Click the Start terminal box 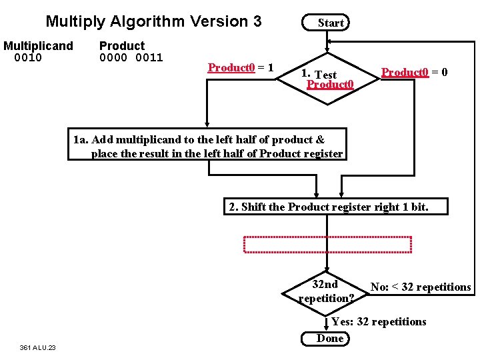(x=326, y=23)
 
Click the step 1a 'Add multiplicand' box (x=207, y=147)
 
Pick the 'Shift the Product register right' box (x=328, y=207)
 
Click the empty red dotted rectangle (x=328, y=245)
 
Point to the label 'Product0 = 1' (x=240, y=68)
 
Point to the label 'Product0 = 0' (x=414, y=72)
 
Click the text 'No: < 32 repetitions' (x=420, y=287)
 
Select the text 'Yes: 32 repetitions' (x=379, y=322)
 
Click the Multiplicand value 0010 (x=28, y=57)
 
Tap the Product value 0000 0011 (x=131, y=57)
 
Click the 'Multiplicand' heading (x=38, y=46)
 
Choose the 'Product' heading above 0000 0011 (x=121, y=46)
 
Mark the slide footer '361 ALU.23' (x=38, y=347)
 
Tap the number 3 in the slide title (x=257, y=21)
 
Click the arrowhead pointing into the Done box (x=326, y=328)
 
